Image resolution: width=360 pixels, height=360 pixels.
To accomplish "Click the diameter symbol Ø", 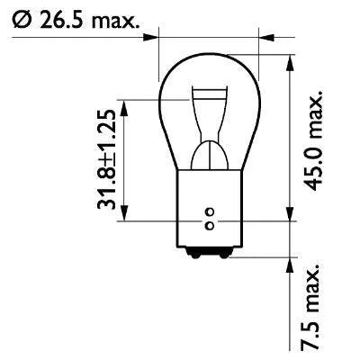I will click(x=20, y=19).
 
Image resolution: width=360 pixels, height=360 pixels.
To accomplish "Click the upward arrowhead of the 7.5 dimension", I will click(x=292, y=262).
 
